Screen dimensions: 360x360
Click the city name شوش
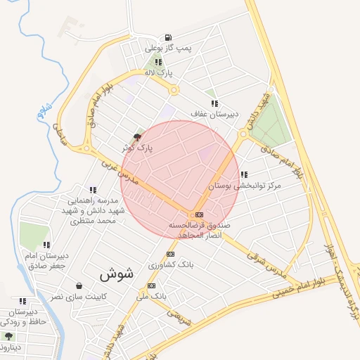coord(116,274)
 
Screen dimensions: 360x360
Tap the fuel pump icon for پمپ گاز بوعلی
coord(167,38)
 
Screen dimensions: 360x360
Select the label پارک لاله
coord(158,72)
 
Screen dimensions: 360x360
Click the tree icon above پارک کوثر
coord(137,137)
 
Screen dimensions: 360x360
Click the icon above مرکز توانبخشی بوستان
coord(243,175)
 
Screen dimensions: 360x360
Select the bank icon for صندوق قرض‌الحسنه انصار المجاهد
coord(200,214)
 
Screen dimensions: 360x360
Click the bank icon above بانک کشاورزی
coord(169,254)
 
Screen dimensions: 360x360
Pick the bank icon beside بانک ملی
coord(151,285)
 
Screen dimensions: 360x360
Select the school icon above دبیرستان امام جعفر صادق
coord(46,245)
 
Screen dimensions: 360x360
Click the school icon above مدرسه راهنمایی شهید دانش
coord(92,190)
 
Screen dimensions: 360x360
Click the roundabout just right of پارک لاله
coord(174,89)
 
